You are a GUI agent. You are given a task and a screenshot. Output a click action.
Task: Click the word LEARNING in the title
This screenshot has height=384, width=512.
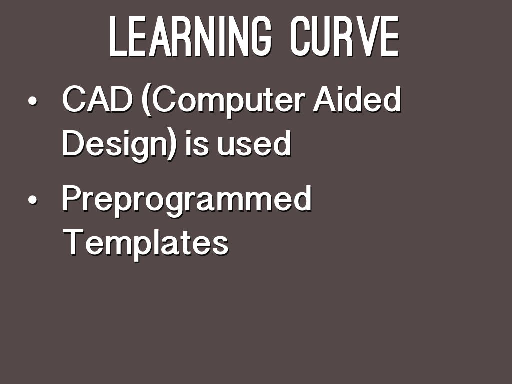pos(190,36)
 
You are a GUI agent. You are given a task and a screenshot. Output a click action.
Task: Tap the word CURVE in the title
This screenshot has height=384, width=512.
pos(344,36)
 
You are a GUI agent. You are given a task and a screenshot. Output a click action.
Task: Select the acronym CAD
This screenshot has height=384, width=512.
pos(97,99)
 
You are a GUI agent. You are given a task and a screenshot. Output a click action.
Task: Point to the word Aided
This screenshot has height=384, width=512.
pos(357,99)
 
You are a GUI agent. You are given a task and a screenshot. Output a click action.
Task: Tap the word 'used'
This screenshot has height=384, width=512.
pos(254,143)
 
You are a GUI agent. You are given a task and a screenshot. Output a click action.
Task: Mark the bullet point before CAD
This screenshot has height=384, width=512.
pos(32,101)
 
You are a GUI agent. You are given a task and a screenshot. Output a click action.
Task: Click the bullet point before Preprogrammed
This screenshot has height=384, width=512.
pos(32,200)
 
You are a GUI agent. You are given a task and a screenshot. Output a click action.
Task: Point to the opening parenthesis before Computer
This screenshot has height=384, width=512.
pos(147,100)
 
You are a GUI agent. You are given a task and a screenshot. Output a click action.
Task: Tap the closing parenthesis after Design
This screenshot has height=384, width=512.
pos(172,145)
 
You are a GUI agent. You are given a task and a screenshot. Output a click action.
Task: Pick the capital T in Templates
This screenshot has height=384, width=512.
pos(74,242)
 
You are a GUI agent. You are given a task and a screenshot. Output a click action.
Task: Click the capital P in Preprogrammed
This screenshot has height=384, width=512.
pos(72,198)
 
